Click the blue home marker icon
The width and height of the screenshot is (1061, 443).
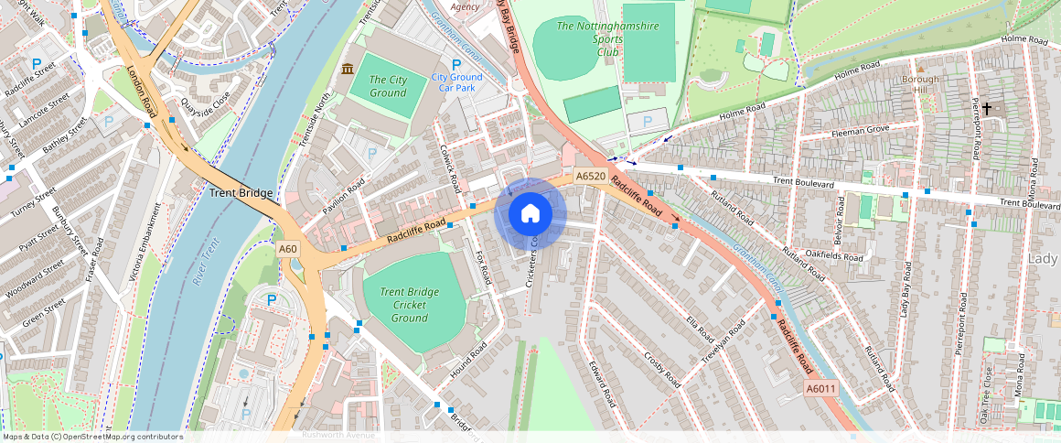530,213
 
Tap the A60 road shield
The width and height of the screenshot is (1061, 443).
288,249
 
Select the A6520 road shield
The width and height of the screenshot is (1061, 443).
591,176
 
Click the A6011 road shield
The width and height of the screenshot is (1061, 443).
820,389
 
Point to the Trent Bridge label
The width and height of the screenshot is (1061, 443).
241,193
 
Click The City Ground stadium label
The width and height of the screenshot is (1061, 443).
388,86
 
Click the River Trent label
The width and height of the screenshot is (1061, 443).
207,272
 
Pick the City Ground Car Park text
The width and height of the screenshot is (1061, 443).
456,82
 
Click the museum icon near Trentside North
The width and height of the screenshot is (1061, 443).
348,70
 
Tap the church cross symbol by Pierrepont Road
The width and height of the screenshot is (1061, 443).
987,108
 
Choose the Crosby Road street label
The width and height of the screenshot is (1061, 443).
662,368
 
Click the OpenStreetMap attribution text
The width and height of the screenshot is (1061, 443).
91,437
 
